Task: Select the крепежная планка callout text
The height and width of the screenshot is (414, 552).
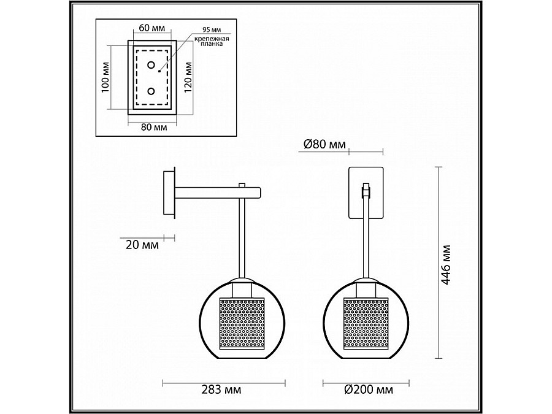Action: tap(212, 42)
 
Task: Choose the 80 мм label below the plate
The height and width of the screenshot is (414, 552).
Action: tap(154, 128)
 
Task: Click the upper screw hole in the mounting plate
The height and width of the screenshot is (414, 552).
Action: tap(151, 64)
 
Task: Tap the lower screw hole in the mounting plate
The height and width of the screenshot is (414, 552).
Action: tap(151, 91)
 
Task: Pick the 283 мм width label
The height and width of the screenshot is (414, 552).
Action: tap(221, 389)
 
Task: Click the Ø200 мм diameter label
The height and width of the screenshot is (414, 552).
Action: tap(369, 389)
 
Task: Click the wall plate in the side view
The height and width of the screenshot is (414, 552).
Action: tap(168, 193)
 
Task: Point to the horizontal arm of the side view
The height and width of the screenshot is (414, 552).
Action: tap(215, 193)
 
